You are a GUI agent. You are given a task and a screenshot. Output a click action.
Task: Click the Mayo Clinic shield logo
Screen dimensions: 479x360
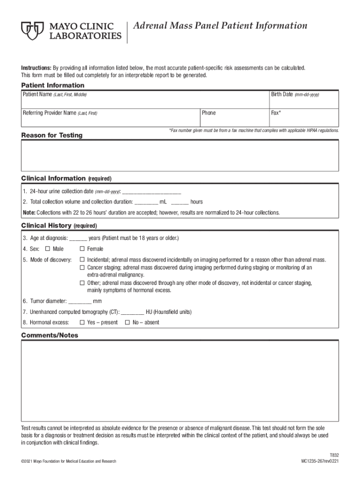(32, 31)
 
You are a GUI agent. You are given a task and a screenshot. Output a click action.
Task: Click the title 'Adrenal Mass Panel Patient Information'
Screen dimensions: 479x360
(220, 26)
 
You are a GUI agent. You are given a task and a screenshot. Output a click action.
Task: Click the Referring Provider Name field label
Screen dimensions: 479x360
(60, 113)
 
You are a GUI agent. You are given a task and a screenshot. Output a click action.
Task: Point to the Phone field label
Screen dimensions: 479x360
(209, 113)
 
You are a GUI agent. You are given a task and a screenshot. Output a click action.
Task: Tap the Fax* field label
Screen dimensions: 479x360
(276, 113)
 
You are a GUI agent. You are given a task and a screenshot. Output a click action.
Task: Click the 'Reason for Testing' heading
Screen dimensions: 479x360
(52, 135)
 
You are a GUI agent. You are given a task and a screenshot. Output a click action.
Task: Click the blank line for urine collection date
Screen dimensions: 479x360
(151, 192)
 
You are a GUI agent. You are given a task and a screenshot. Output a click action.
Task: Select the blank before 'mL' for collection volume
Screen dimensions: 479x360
(146, 202)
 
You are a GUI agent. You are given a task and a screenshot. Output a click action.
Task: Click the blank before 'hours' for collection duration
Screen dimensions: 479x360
(180, 202)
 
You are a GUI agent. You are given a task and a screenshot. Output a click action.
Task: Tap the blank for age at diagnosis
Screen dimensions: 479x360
(78, 238)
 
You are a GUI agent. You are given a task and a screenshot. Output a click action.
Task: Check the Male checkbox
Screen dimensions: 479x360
(47, 249)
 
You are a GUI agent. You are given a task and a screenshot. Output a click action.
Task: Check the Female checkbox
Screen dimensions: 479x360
(82, 249)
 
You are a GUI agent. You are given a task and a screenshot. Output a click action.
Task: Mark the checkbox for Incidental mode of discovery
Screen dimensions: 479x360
(82, 260)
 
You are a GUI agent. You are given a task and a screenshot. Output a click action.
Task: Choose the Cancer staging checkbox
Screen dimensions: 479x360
(82, 268)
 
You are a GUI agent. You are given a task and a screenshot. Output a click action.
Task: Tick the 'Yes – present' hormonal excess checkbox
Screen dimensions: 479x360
(82, 322)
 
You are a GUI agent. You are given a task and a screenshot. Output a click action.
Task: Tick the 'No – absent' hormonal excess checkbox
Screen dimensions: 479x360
(127, 322)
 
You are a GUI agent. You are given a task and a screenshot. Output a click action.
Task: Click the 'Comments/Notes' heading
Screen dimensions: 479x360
(50, 335)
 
